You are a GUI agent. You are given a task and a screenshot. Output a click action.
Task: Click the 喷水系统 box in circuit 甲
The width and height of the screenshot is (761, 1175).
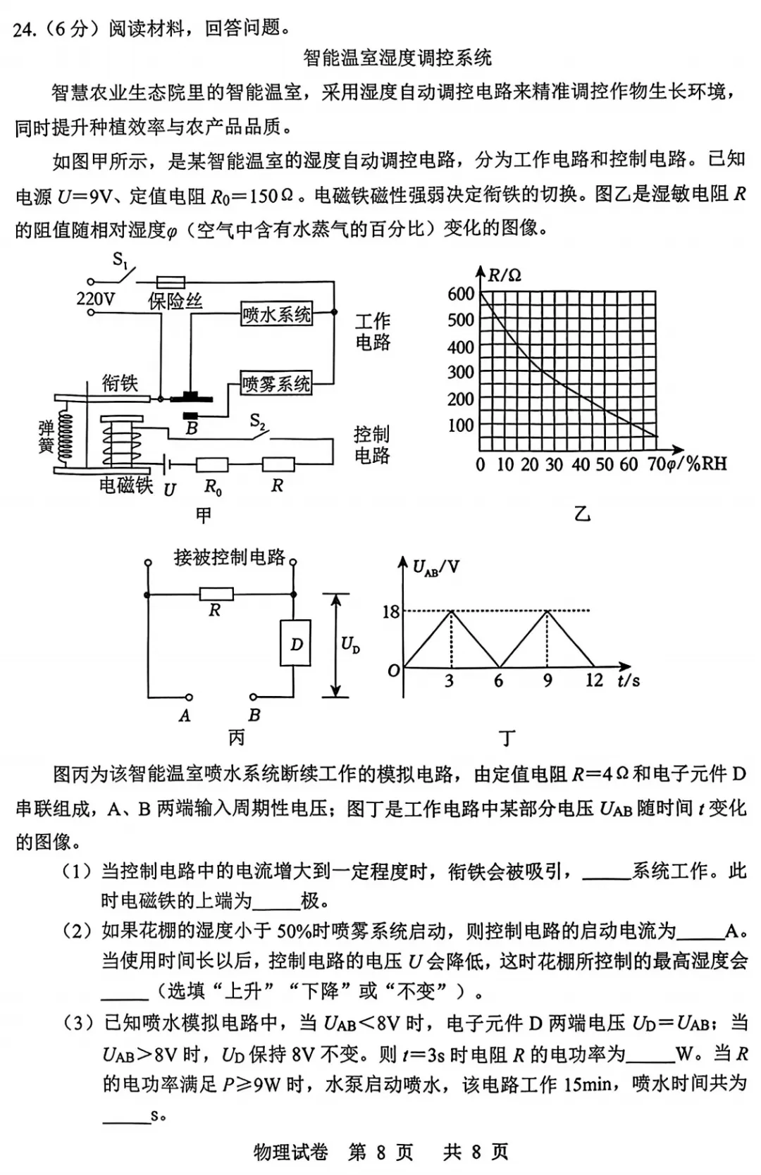[x=276, y=314]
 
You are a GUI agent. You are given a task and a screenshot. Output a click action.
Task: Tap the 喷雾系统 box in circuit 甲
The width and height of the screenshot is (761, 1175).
[x=276, y=384]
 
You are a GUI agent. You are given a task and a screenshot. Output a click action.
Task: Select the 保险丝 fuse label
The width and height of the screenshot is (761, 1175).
[x=175, y=301]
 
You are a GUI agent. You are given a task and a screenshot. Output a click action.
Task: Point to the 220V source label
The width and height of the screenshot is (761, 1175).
[x=95, y=299]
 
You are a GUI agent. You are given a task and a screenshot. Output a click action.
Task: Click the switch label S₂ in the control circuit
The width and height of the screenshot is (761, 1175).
[x=258, y=422]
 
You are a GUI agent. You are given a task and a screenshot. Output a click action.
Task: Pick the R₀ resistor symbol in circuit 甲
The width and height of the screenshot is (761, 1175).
[x=212, y=464]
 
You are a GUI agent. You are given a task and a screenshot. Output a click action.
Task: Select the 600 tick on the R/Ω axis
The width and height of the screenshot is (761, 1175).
[x=461, y=294]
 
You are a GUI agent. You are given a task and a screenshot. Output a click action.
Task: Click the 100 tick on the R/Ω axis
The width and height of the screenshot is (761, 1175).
[x=461, y=425]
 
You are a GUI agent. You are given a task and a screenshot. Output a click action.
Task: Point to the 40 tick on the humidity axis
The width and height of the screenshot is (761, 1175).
[x=581, y=465]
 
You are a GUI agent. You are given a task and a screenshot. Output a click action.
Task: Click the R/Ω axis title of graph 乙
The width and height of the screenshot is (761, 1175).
[x=505, y=275]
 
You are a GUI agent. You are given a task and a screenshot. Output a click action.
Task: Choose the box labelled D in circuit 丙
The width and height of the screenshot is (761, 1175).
[x=296, y=644]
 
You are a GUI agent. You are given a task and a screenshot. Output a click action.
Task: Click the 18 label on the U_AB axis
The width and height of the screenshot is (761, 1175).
[x=390, y=611]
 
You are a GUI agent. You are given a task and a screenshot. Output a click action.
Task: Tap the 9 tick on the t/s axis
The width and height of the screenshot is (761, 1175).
[x=547, y=680]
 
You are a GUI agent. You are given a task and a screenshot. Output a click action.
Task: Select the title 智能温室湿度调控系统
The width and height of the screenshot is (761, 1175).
[x=397, y=58]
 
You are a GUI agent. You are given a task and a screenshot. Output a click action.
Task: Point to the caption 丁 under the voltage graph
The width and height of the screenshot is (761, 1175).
[x=507, y=738]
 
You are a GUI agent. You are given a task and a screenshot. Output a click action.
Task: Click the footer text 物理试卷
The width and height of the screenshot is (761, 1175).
[x=290, y=1152]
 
